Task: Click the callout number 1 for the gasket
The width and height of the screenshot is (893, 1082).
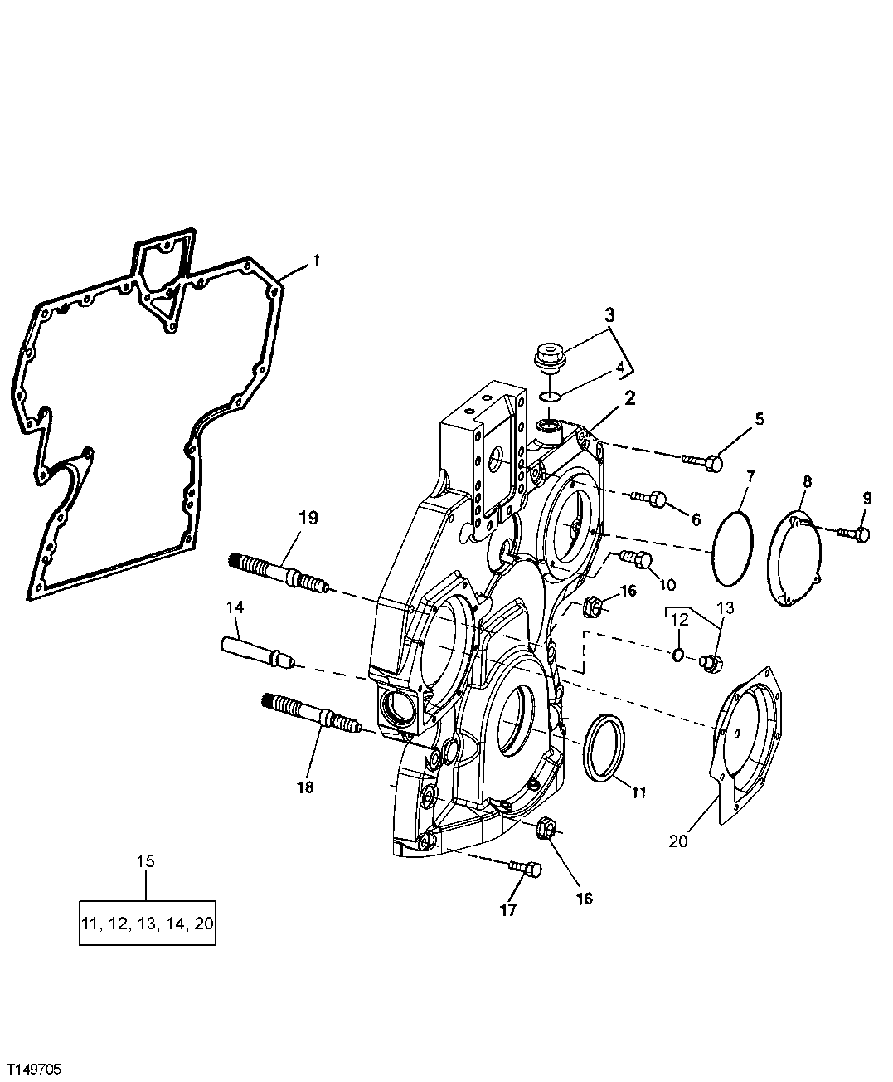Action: (x=315, y=262)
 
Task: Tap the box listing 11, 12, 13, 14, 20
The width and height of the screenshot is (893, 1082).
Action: (x=148, y=923)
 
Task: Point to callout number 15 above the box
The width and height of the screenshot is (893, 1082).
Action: (x=145, y=861)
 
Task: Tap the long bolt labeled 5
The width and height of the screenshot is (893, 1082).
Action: (x=702, y=461)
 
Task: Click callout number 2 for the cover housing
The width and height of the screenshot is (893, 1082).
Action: (x=631, y=397)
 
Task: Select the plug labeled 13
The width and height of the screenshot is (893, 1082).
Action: (x=710, y=661)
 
